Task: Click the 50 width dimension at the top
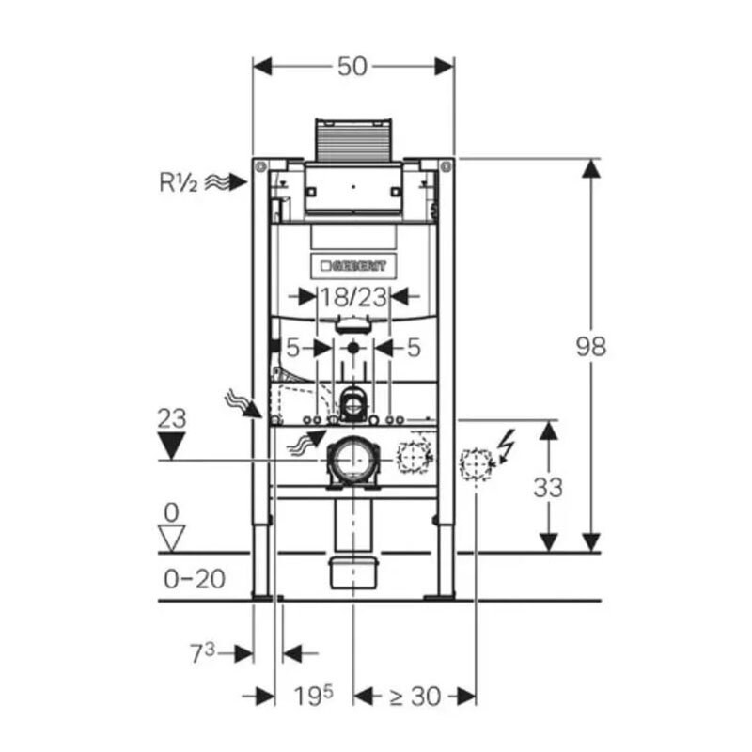[x=352, y=67]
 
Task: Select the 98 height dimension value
[x=591, y=346]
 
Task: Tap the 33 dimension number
[x=548, y=488]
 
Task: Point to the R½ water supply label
[x=178, y=182]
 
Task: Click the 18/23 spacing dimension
[x=353, y=297]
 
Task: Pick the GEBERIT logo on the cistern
[x=353, y=266]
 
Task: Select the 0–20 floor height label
[x=195, y=579]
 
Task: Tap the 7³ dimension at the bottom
[x=202, y=653]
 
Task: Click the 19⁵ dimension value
[x=313, y=696]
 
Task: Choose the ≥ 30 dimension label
[x=415, y=697]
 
